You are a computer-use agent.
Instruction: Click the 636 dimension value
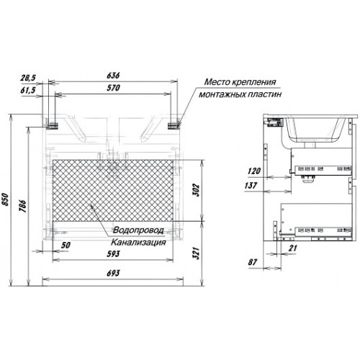(x=113, y=76)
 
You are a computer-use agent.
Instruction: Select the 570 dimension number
(x=113, y=88)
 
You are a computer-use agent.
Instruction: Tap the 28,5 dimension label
(x=28, y=78)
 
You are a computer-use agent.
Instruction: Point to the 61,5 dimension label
(x=28, y=90)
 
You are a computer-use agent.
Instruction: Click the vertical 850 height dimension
(x=6, y=199)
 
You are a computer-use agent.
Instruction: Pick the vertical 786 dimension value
(x=22, y=206)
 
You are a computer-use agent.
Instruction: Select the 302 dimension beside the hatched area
(x=196, y=190)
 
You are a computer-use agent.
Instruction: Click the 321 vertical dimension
(x=196, y=253)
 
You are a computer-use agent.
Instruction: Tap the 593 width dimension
(x=113, y=253)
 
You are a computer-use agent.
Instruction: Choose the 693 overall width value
(x=113, y=273)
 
